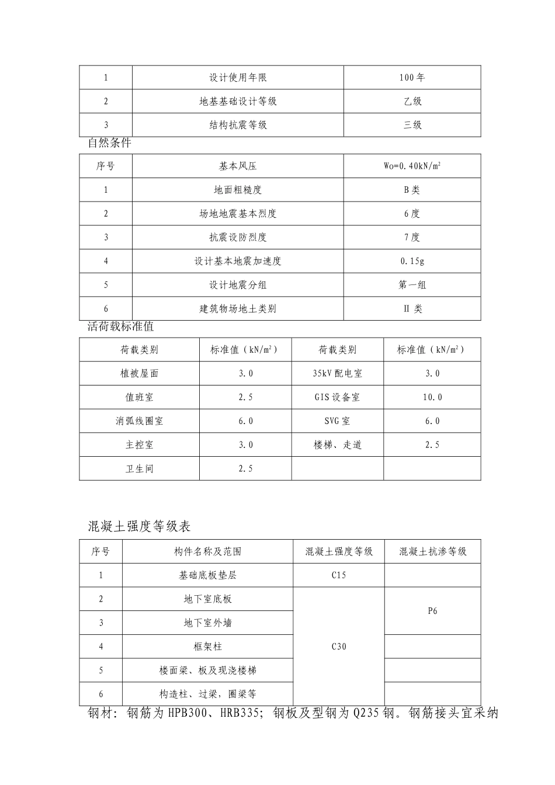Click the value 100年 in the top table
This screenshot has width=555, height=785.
tap(412, 78)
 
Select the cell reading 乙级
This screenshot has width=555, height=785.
tap(412, 102)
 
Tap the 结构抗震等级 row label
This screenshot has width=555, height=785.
tap(238, 125)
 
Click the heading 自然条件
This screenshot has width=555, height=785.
tap(110, 143)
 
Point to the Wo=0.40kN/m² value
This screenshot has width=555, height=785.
tap(412, 166)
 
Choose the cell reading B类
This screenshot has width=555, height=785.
tap(412, 190)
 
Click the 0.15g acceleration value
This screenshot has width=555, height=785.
tap(412, 261)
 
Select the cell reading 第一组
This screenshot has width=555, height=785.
tap(412, 285)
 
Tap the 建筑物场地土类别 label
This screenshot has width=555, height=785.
tap(238, 309)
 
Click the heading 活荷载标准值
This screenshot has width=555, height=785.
tap(121, 326)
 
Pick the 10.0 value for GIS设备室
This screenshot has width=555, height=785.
tap(432, 397)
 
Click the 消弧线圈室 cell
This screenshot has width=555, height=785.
tap(139, 421)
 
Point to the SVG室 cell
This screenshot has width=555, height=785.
tap(338, 421)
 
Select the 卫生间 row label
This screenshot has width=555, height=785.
tap(139, 469)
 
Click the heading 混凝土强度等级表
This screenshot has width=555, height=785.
tap(140, 526)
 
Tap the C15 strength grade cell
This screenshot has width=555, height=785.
tap(339, 575)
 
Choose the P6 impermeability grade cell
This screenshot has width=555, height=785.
tap(432, 611)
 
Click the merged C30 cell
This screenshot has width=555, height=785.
tap(339, 647)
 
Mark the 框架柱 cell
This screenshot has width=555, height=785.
tap(207, 647)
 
